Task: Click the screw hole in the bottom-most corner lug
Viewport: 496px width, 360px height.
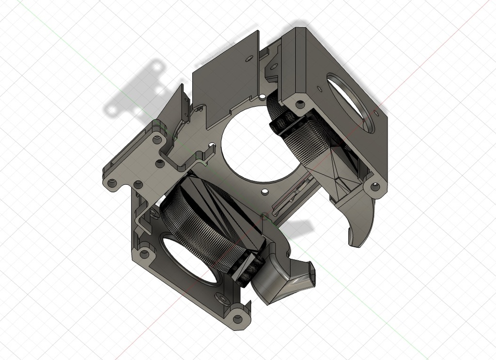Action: pyautogui.click(x=237, y=318)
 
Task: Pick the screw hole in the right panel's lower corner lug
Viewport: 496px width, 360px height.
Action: pyautogui.click(x=374, y=186)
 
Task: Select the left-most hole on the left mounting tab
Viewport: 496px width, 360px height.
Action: pyautogui.click(x=113, y=183)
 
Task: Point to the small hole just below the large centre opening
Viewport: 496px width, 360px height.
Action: pyautogui.click(x=263, y=192)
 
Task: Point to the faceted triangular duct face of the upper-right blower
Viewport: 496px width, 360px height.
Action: pyautogui.click(x=334, y=172)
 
